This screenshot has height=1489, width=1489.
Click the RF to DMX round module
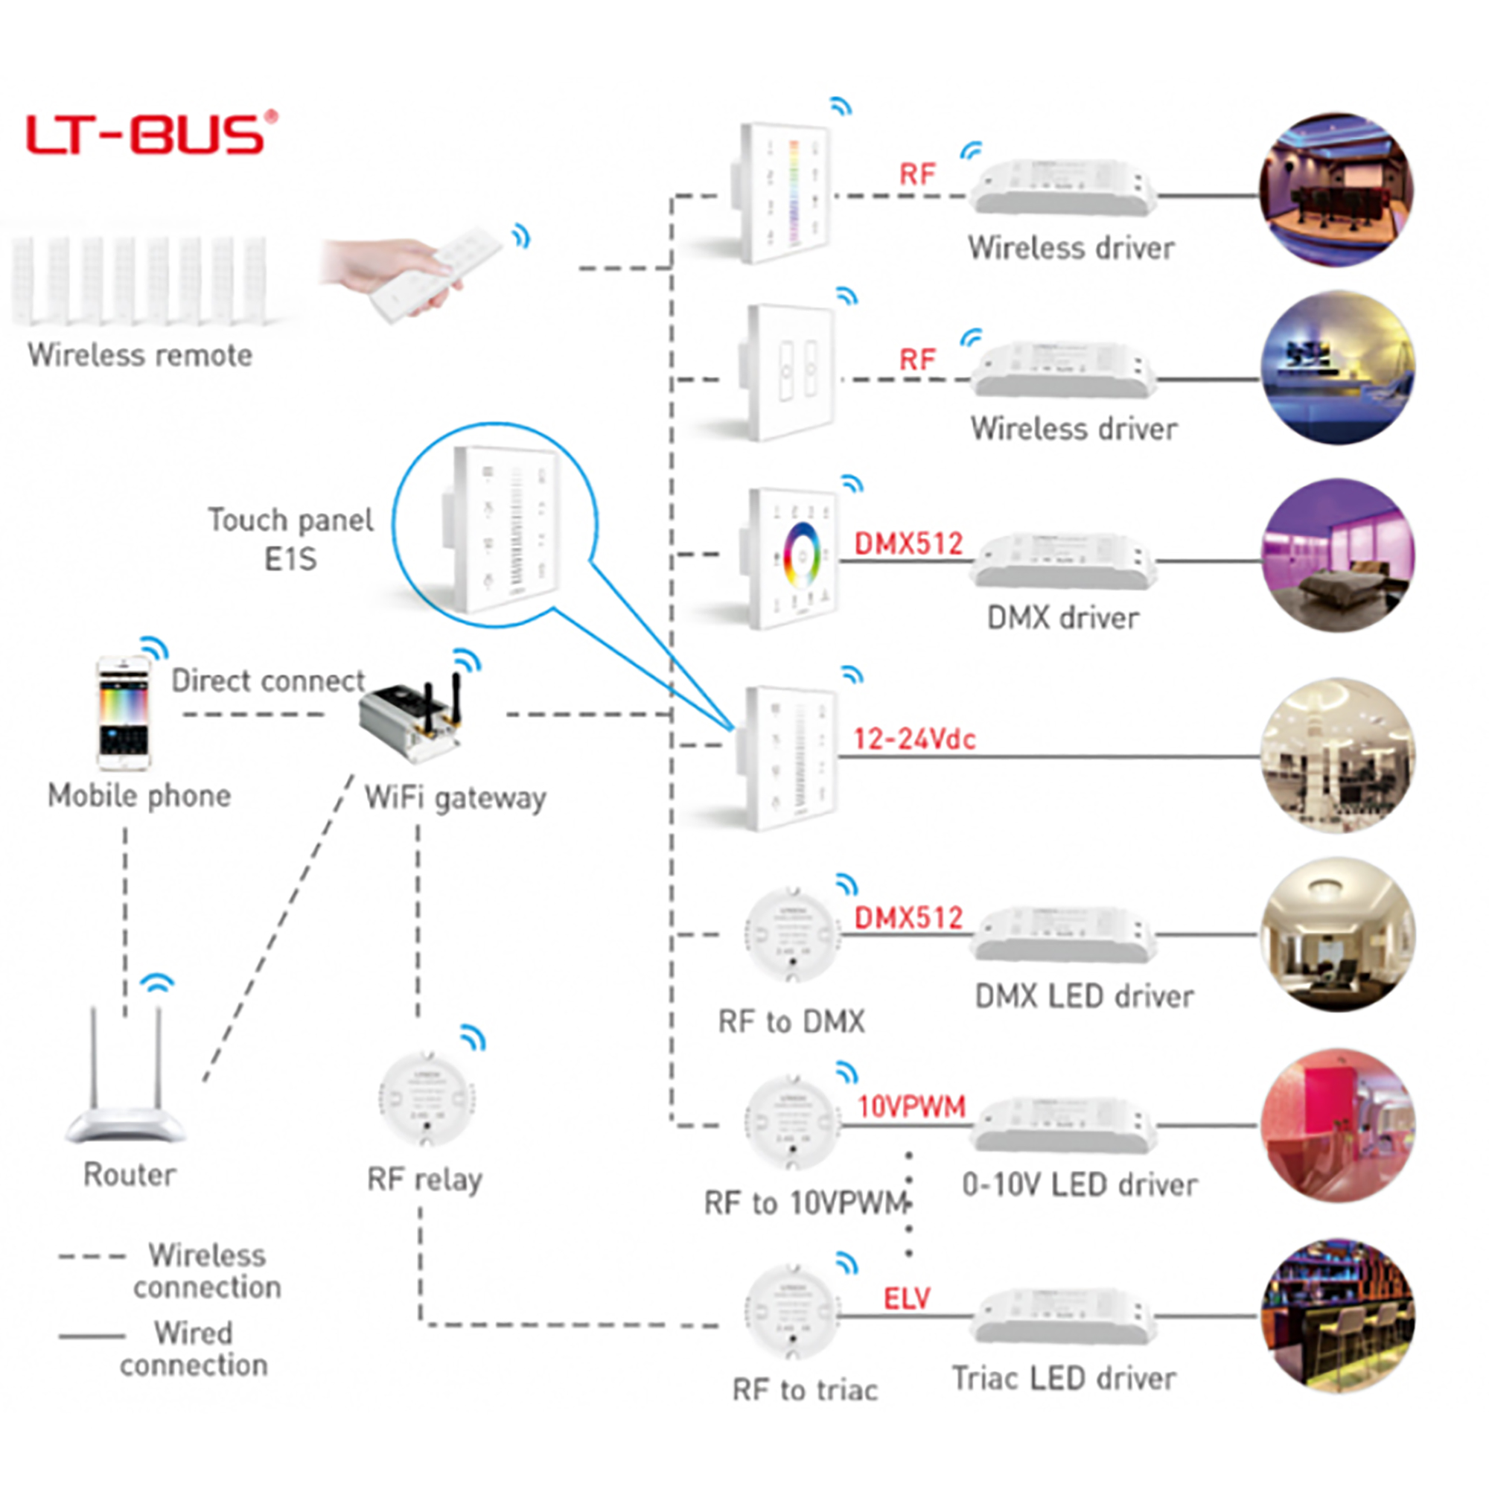tap(791, 935)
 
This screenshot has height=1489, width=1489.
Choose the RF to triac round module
tap(791, 1313)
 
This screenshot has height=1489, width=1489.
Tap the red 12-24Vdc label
tap(914, 740)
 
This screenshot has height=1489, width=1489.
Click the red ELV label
tap(906, 1299)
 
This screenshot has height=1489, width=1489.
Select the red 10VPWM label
tap(911, 1107)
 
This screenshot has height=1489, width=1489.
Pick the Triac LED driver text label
tap(1065, 1378)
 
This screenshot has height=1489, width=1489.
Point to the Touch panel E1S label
tap(290, 540)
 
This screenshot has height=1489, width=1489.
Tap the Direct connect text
tap(267, 681)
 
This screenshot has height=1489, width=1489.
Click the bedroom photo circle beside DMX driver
tap(1339, 556)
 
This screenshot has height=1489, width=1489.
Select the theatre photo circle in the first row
tap(1336, 190)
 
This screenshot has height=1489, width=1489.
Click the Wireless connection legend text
tap(206, 1271)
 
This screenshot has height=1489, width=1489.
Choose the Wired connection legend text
tap(194, 1349)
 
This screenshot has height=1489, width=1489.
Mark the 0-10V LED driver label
tap(1080, 1184)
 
